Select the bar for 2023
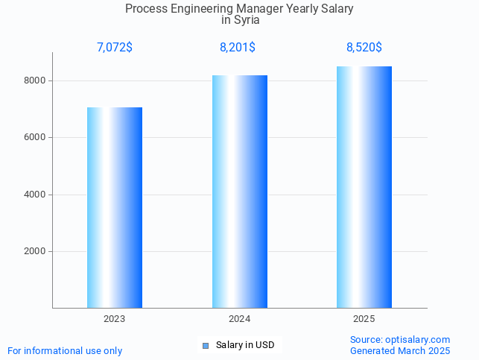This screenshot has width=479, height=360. point(115,207)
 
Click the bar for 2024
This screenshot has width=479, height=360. point(239,192)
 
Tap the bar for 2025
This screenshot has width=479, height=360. point(364,187)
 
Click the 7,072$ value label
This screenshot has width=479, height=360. point(115,48)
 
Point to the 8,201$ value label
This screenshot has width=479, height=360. point(238,48)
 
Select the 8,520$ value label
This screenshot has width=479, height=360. point(364,48)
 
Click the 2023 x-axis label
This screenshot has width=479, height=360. point(115,319)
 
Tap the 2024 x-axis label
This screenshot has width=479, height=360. point(239,319)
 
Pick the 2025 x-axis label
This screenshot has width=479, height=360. point(364,319)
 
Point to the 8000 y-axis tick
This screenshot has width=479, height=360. point(36,80)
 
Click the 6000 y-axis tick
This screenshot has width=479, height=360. point(36,137)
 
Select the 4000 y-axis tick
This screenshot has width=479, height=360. point(36,195)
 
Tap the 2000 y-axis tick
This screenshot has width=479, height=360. point(36,251)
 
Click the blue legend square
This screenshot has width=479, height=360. point(206,345)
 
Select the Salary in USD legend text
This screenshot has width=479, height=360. point(245,345)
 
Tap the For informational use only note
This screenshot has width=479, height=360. point(65,350)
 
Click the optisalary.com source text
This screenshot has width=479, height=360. point(417,340)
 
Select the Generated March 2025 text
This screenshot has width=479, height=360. point(400,350)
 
